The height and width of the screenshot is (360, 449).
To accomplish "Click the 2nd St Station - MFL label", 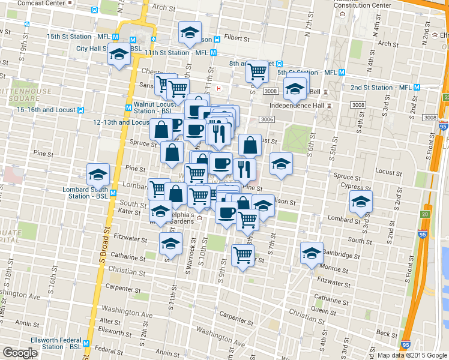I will pyautogui.click(x=381, y=88).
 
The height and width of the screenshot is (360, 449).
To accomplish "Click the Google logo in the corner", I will pyautogui.click(x=20, y=353).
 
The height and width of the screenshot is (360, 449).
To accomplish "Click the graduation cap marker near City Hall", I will pyautogui.click(x=119, y=56).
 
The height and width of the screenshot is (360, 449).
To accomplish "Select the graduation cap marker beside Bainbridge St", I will pyautogui.click(x=311, y=253).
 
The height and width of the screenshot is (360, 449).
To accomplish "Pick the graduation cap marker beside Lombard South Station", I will pyautogui.click(x=98, y=175).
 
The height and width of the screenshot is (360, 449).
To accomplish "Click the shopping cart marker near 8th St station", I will pyautogui.click(x=258, y=71).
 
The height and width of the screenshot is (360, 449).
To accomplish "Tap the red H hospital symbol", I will pyautogui.click(x=219, y=89).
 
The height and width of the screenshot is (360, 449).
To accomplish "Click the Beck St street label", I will pyautogui.click(x=387, y=334).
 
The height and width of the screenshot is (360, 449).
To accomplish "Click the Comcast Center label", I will pyautogui.click(x=43, y=3).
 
